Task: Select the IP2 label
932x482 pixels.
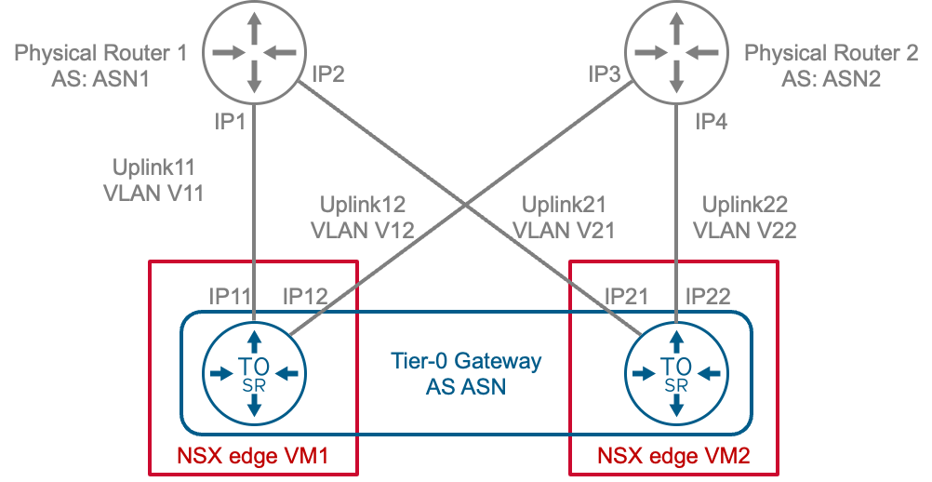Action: [328, 74]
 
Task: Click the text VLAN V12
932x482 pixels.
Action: [363, 228]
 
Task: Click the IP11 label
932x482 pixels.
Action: [230, 296]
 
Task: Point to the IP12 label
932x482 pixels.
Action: [305, 296]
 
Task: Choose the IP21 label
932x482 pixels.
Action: [626, 296]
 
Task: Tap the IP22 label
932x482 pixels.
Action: [708, 296]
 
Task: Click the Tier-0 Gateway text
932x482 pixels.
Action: [464, 361]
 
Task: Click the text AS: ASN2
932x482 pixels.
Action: [831, 78]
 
